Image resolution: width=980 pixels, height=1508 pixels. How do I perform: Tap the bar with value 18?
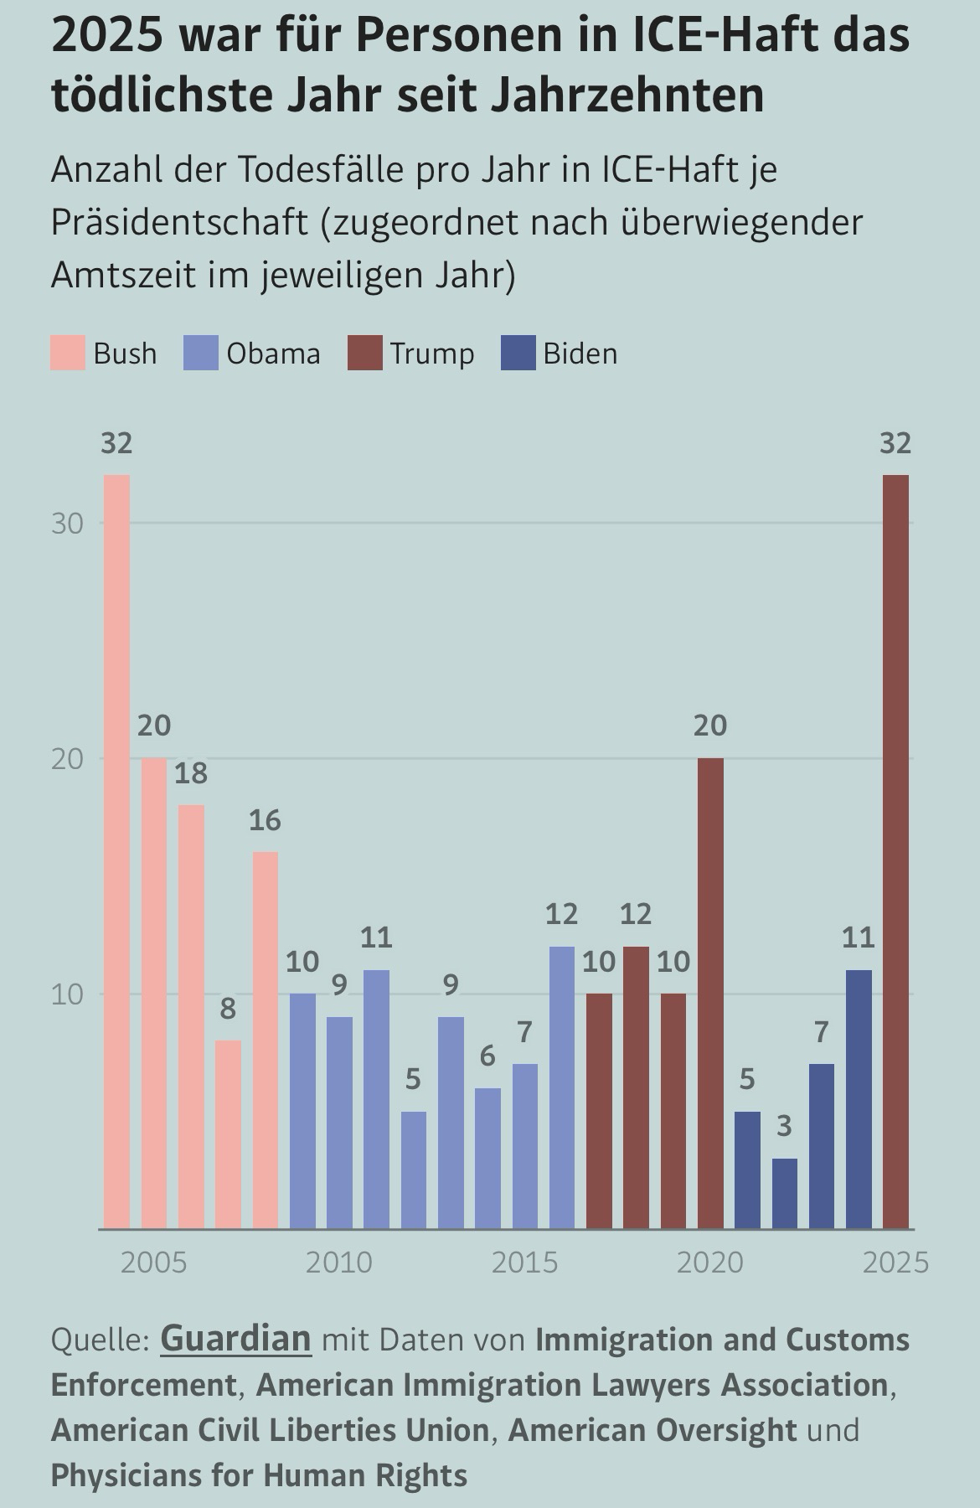tap(191, 1016)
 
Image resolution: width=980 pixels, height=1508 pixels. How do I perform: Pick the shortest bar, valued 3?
tap(784, 1193)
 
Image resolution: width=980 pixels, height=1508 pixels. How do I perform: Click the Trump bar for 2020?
tap(710, 993)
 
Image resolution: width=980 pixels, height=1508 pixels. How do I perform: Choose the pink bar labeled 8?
tap(228, 1134)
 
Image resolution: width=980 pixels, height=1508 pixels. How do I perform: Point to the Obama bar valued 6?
tap(487, 1158)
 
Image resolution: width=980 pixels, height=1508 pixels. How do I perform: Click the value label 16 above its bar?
tap(265, 821)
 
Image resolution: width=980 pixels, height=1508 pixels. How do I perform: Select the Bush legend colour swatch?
tap(68, 354)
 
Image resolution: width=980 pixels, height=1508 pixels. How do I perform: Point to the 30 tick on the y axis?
tap(68, 524)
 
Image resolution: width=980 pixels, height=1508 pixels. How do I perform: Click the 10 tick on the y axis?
tap(68, 995)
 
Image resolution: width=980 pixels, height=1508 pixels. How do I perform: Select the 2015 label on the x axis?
tap(524, 1262)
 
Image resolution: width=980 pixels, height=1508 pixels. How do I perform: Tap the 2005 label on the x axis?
tap(153, 1262)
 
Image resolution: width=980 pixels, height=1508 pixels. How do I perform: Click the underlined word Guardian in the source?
tap(235, 1339)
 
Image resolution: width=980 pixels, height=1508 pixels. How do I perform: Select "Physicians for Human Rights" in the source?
tap(259, 1474)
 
